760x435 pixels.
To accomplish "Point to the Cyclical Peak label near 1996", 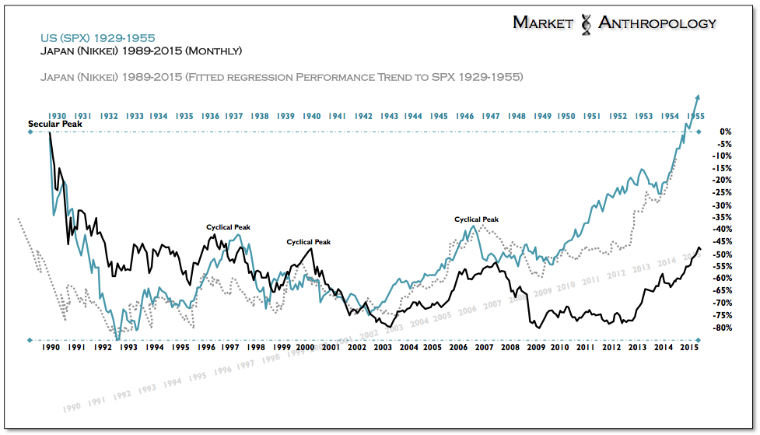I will (x=228, y=227).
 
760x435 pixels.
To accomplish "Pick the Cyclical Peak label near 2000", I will (x=308, y=242).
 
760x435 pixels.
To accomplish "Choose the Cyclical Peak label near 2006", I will (x=476, y=219).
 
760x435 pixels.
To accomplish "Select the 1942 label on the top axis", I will (x=363, y=116).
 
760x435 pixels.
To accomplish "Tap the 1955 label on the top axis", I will (x=695, y=116).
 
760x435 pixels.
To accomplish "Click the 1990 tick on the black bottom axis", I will (x=51, y=348).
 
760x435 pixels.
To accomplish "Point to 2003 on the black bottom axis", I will (x=382, y=348).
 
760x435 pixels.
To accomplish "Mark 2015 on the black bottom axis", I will (x=688, y=348).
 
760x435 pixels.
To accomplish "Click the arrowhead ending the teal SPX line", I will (x=698, y=96).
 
